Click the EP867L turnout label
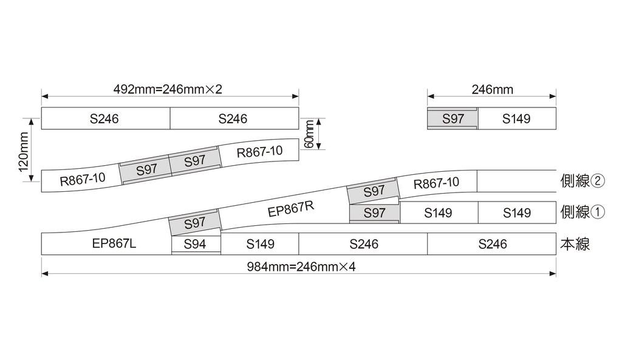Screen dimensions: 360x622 pyautogui.click(x=114, y=244)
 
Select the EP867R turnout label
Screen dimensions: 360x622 pyautogui.click(x=291, y=209)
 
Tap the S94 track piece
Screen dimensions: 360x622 pyautogui.click(x=195, y=244)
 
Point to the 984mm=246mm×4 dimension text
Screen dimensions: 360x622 pyautogui.click(x=301, y=267)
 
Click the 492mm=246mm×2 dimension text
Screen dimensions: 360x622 pyautogui.click(x=168, y=89)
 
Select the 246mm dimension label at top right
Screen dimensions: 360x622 pyautogui.click(x=493, y=90)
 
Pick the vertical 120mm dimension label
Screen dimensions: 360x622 pyautogui.click(x=23, y=152)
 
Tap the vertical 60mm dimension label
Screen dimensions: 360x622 pyautogui.click(x=309, y=134)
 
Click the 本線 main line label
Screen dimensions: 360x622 pyautogui.click(x=575, y=245)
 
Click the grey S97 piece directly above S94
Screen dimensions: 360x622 pyautogui.click(x=194, y=223)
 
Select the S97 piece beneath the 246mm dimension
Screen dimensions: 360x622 pyautogui.click(x=453, y=119)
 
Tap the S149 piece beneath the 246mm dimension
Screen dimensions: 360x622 pyautogui.click(x=516, y=119)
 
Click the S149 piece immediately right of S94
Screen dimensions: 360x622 pyautogui.click(x=260, y=244)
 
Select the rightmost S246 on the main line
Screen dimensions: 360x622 pyautogui.click(x=492, y=244)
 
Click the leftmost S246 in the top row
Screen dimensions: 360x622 pyautogui.click(x=104, y=118)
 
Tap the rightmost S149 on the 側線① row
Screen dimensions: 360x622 pyautogui.click(x=517, y=212)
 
